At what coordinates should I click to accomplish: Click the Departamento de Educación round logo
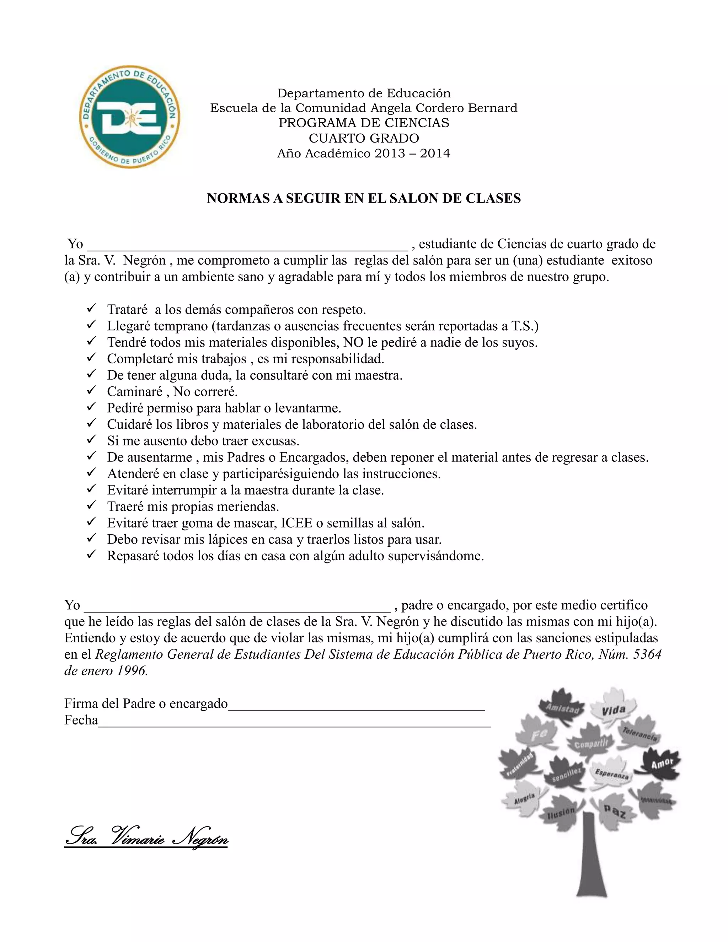point(130,117)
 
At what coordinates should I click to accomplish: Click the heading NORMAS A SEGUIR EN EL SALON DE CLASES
point(364,198)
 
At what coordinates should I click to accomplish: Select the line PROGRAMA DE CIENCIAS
point(364,123)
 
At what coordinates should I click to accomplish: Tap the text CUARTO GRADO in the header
point(364,138)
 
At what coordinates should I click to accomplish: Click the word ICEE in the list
point(296,523)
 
